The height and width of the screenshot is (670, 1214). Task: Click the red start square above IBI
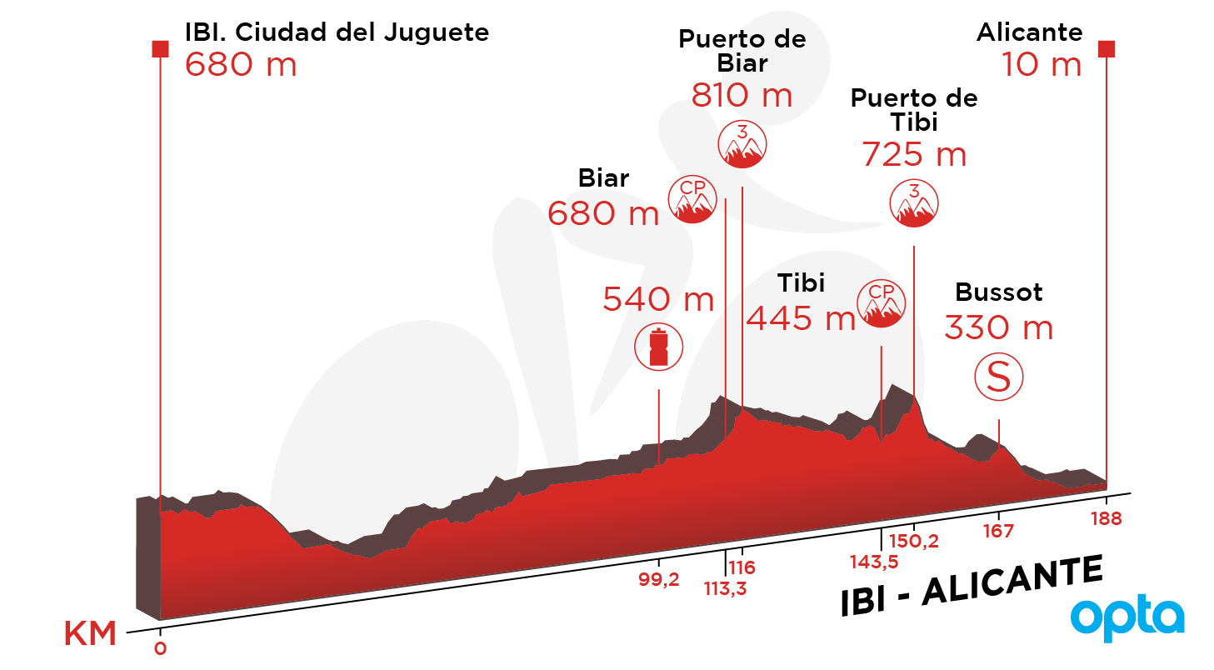point(160,49)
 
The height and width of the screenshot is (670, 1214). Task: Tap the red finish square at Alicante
point(1107,49)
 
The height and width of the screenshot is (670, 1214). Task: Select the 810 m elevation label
point(742,96)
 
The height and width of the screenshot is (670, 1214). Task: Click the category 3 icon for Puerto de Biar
point(742,144)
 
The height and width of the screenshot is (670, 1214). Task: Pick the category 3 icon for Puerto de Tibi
point(914,202)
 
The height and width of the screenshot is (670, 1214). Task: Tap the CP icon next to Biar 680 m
point(692,199)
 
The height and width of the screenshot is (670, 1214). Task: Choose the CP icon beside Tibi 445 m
point(881,303)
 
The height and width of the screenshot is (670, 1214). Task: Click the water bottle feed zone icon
point(658,347)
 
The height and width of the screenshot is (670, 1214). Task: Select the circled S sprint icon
point(998,377)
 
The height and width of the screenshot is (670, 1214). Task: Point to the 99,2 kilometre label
point(658,579)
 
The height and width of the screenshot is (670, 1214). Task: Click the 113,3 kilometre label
point(725,588)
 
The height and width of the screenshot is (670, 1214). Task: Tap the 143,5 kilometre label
point(874,562)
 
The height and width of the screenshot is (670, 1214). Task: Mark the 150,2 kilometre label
point(914,541)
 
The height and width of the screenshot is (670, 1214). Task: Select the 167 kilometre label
point(998,531)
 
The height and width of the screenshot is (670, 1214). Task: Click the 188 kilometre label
point(1107,519)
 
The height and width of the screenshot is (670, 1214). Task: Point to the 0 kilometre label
point(160,648)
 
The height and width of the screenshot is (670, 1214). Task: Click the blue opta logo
point(1127,618)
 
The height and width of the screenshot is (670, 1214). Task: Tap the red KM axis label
point(90,633)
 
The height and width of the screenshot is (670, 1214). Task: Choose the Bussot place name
point(998,292)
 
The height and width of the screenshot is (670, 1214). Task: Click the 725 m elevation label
point(914,155)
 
